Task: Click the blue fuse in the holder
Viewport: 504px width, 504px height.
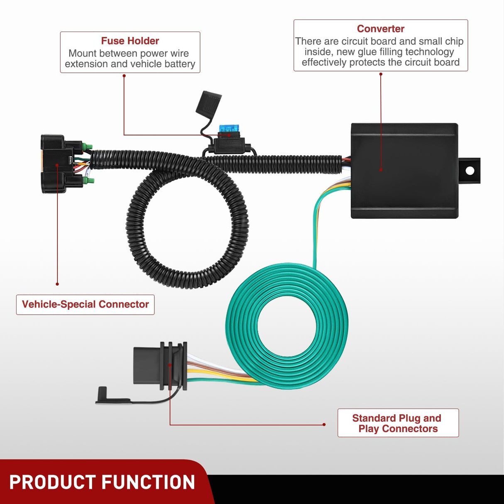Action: point(227,130)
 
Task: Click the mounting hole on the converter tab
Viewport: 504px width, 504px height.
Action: point(470,171)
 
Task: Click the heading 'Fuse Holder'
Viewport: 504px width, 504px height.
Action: point(130,41)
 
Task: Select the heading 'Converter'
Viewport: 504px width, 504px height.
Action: point(380,29)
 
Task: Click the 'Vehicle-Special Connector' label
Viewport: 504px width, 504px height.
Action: point(85,304)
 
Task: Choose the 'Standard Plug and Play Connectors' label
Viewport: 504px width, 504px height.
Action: point(398,423)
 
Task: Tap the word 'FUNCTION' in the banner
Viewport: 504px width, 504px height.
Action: point(148,482)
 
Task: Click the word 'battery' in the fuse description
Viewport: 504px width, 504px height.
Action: point(179,64)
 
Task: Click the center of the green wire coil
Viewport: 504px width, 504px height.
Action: point(286,326)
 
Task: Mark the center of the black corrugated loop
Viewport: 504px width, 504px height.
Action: point(187,226)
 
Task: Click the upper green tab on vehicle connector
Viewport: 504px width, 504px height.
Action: point(87,147)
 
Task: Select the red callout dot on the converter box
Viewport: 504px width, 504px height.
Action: point(381,169)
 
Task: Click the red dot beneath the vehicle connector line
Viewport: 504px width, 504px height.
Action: point(57,284)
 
